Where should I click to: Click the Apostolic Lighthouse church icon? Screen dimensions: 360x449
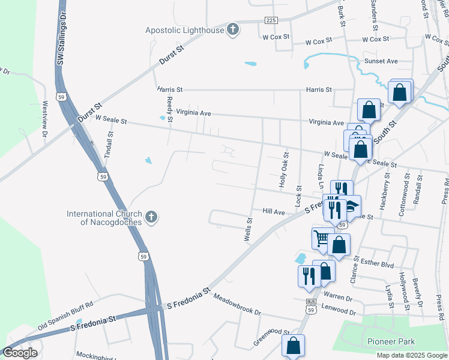(x=234, y=29)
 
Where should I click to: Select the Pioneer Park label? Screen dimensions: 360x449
(x=391, y=341)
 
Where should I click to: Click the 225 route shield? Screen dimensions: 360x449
(x=271, y=20)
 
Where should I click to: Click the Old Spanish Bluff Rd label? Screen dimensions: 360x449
(x=65, y=316)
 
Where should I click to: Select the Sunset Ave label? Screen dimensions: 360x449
(x=381, y=61)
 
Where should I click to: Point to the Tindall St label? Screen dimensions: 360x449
(x=109, y=144)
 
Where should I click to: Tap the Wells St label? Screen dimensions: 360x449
(x=247, y=230)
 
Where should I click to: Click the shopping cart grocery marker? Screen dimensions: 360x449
(x=322, y=238)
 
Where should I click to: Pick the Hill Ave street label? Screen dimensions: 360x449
(x=273, y=212)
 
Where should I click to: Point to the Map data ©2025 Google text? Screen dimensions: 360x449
(x=412, y=355)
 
